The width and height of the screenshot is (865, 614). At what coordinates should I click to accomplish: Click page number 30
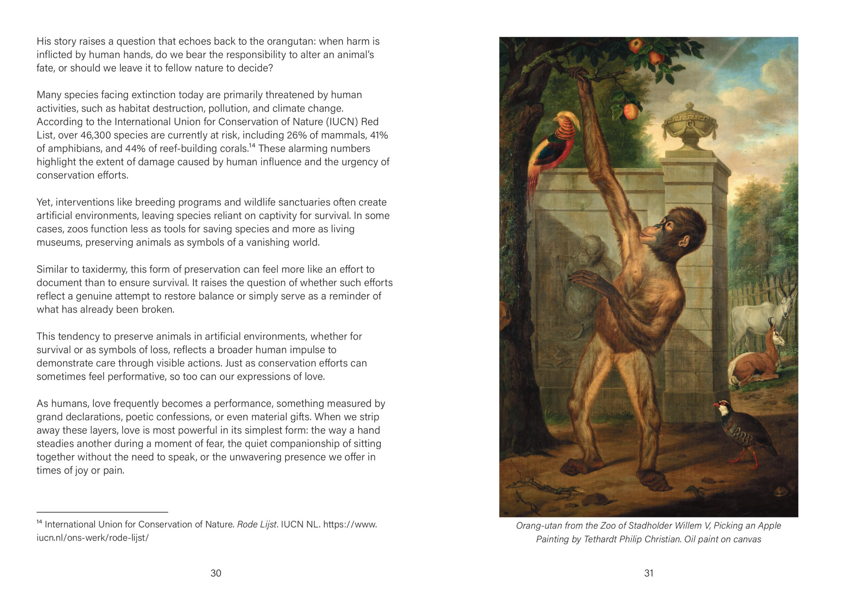pyautogui.click(x=216, y=573)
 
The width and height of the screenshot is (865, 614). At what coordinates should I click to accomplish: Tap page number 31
pyautogui.click(x=649, y=573)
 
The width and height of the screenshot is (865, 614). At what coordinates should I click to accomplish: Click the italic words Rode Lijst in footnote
pyautogui.click(x=257, y=525)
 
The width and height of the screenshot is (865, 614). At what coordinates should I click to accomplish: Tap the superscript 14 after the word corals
pyautogui.click(x=252, y=145)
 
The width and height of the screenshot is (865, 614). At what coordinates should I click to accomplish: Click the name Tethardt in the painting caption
pyautogui.click(x=600, y=539)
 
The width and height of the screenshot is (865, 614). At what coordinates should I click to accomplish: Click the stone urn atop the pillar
pyautogui.click(x=690, y=126)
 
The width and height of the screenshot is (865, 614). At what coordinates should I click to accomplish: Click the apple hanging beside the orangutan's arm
pyautogui.click(x=631, y=111)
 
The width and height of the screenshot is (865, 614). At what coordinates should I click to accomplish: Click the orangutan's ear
pyautogui.click(x=683, y=241)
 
